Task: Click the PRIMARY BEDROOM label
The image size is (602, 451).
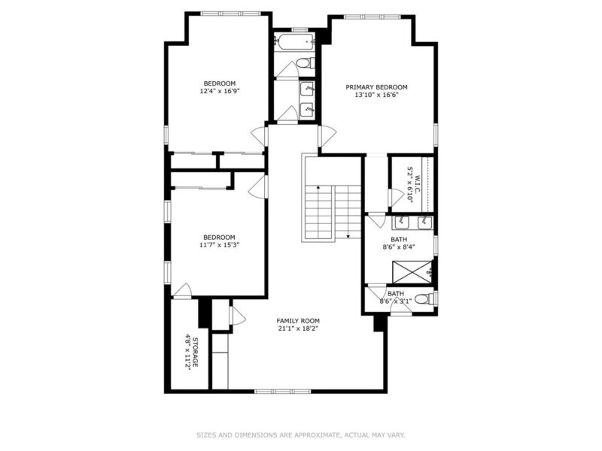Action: tap(376, 87)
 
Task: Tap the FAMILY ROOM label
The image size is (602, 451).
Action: tap(298, 321)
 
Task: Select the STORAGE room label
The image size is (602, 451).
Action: tap(195, 352)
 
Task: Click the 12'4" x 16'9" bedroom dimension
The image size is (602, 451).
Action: tap(220, 91)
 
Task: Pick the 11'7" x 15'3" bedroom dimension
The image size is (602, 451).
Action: tap(220, 245)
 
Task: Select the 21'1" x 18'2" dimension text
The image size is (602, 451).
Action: tap(298, 328)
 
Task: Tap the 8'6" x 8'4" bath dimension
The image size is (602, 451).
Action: tap(399, 247)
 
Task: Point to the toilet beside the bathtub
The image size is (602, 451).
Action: tap(307, 62)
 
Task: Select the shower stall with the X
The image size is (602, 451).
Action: tap(412, 273)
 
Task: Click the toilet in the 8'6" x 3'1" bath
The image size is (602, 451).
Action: tap(424, 298)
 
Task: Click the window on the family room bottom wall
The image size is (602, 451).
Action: tap(283, 391)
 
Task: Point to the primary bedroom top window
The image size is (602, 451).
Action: tap(372, 17)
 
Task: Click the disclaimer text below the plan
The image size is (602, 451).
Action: tap(301, 435)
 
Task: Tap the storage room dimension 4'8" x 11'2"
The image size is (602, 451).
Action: tap(188, 353)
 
